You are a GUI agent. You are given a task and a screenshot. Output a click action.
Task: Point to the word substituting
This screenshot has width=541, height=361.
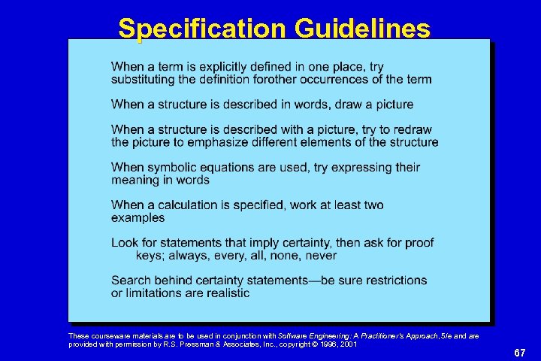[x=145, y=80]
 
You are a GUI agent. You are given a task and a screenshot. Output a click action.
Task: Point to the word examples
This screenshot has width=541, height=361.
[x=138, y=217]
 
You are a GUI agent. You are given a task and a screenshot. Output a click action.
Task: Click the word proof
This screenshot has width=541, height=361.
[x=418, y=242]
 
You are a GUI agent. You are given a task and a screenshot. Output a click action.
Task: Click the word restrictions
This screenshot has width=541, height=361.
[x=392, y=280]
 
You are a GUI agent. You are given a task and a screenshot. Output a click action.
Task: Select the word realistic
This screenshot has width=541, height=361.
[x=225, y=293]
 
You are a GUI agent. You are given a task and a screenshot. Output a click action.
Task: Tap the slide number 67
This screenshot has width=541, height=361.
[x=519, y=353]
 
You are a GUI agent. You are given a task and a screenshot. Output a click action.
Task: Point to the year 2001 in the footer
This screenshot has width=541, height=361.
[x=347, y=344]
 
